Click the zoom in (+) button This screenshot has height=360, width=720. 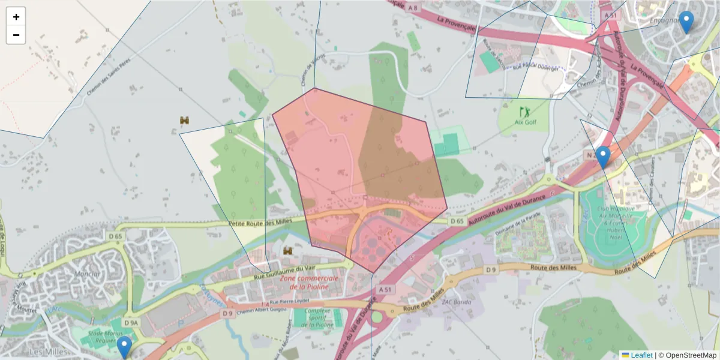tap(16, 16)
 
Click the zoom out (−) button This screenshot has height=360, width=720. tap(16, 35)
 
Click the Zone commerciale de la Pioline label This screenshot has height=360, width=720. tap(309, 283)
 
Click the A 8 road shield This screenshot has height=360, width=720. tap(412, 8)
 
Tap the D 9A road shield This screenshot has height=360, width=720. tap(131, 323)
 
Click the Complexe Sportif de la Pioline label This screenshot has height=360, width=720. tap(319, 317)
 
